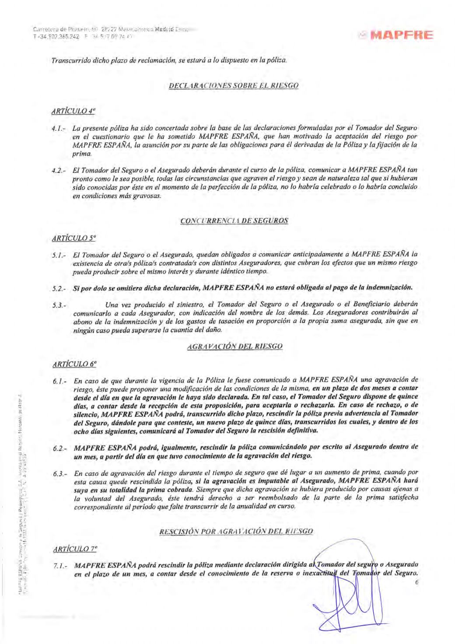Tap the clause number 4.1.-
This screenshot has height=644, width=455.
(x=59, y=128)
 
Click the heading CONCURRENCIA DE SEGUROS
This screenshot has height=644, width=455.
(x=234, y=222)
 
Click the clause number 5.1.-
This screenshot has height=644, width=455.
(x=59, y=255)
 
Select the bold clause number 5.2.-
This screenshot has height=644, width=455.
(x=59, y=288)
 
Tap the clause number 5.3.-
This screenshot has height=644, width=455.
(x=59, y=304)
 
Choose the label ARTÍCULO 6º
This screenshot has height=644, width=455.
(x=73, y=363)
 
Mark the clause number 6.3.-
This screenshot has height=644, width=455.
(x=59, y=474)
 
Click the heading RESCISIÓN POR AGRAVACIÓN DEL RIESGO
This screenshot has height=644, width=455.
(x=235, y=531)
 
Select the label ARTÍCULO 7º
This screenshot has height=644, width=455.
(x=73, y=549)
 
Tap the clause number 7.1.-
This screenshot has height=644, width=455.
(x=59, y=566)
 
